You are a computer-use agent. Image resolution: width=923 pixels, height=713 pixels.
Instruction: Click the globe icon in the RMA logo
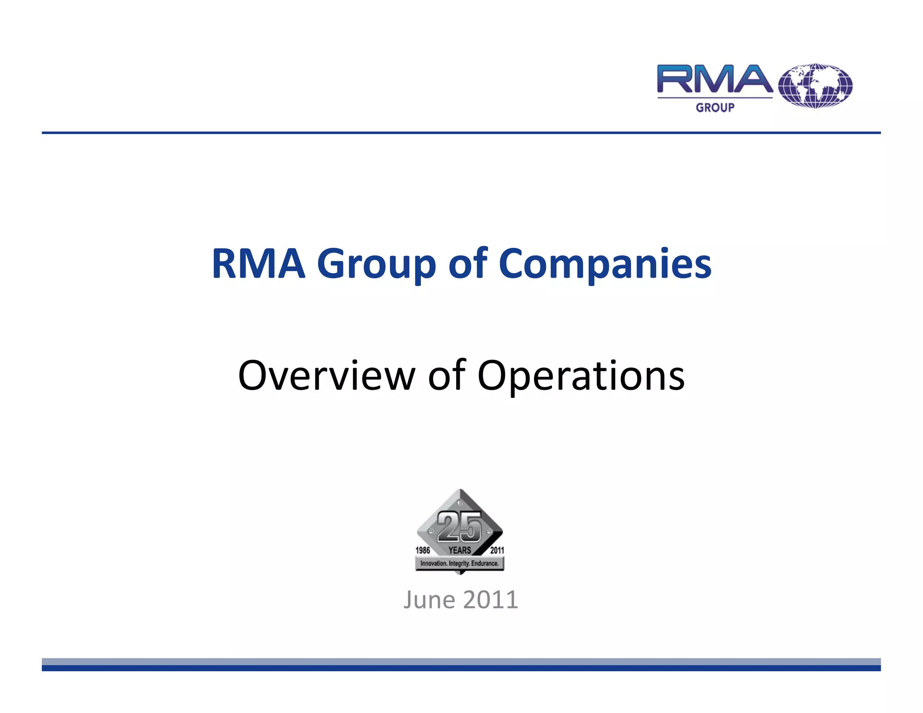coord(815,86)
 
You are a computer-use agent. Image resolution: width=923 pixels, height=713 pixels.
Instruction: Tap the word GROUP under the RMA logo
coord(715,108)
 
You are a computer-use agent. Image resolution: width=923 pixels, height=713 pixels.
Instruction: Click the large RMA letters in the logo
coord(715,80)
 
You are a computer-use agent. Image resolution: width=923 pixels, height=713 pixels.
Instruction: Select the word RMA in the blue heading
coord(259,264)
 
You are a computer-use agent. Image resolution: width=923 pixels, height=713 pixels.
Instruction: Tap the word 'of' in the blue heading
coord(468,264)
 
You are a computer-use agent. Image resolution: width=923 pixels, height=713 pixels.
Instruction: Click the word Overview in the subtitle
coord(326,375)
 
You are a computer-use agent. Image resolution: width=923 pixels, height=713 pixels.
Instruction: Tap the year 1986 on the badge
coord(423,550)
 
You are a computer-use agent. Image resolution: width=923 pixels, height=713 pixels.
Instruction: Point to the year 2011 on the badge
coord(497,550)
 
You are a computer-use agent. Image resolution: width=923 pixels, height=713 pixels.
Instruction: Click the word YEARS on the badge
coord(460,550)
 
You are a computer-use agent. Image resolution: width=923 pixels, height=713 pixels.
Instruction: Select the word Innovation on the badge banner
coord(434,563)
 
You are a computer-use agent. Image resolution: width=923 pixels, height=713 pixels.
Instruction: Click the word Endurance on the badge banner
coord(485,563)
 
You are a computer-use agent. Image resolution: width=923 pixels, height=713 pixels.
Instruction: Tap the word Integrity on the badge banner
coord(459,563)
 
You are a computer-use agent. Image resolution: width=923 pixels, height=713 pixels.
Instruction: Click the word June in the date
coord(429,600)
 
